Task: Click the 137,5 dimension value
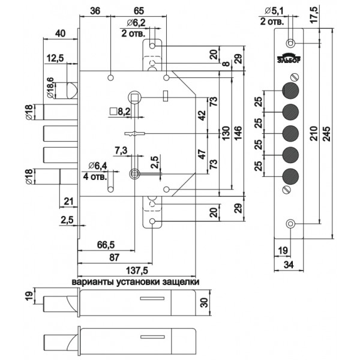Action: [x=137, y=271]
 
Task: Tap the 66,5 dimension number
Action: [x=106, y=245]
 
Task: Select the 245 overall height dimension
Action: [x=326, y=133]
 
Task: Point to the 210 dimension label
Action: [x=314, y=133]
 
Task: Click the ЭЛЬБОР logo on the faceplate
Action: [x=289, y=58]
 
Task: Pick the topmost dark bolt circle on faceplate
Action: [x=290, y=90]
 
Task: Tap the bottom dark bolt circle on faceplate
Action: [x=290, y=176]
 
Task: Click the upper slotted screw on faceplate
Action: [x=295, y=77]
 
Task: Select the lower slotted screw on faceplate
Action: [x=287, y=190]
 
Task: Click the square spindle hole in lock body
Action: [x=134, y=97]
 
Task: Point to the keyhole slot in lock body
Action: [x=134, y=134]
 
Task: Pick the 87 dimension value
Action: [x=114, y=257]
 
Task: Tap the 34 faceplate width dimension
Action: [x=289, y=265]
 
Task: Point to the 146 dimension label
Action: [x=238, y=134]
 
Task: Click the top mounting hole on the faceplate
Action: [x=290, y=43]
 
